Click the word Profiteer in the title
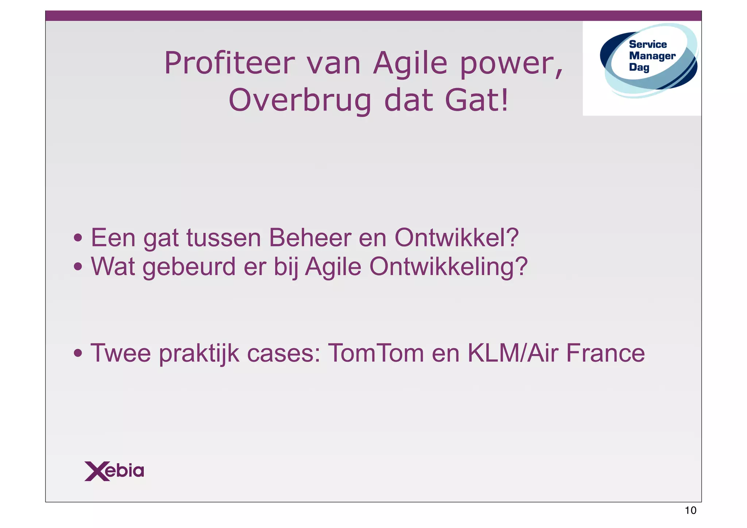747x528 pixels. coord(229,63)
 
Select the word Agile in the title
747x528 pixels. coord(410,63)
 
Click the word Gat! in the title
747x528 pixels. coord(476,101)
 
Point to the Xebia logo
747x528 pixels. coord(114,471)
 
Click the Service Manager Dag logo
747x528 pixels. coord(649,60)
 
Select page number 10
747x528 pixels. coord(690,510)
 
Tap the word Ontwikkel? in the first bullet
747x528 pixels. coord(457,238)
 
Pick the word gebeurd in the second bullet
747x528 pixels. coord(189,267)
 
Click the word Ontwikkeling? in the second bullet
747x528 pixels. coord(448,267)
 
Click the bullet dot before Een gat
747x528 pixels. coord(78,238)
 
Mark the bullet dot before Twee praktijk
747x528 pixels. coord(78,353)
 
